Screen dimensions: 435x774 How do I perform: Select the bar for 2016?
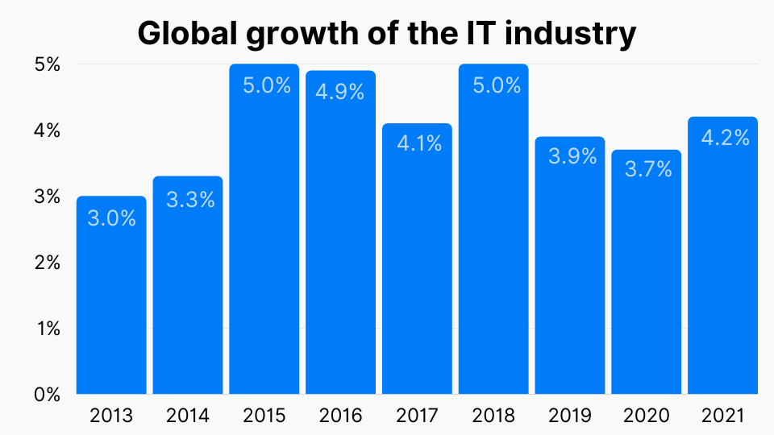pyautogui.click(x=340, y=242)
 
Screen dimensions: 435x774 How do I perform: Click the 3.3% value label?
pyautogui.click(x=190, y=200)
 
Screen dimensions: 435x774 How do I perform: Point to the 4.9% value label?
pyautogui.click(x=340, y=93)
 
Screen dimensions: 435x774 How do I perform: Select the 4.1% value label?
pyautogui.click(x=418, y=144)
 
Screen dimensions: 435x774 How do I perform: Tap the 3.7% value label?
pyautogui.click(x=647, y=170)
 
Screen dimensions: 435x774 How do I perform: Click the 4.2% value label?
pyautogui.click(x=723, y=138)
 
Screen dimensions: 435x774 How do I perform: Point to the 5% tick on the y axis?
pyautogui.click(x=48, y=64)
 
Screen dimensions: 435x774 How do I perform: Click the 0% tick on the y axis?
pyautogui.click(x=48, y=395)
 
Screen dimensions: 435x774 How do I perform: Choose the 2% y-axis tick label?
pyautogui.click(x=48, y=263)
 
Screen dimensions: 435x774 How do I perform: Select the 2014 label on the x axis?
pyautogui.click(x=188, y=416)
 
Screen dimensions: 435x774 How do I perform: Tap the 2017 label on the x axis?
pyautogui.click(x=418, y=416)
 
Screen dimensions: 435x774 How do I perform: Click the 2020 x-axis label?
pyautogui.click(x=647, y=416)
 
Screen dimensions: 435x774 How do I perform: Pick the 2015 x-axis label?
pyautogui.click(x=264, y=416)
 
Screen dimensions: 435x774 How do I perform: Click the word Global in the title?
pyautogui.click(x=187, y=34)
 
